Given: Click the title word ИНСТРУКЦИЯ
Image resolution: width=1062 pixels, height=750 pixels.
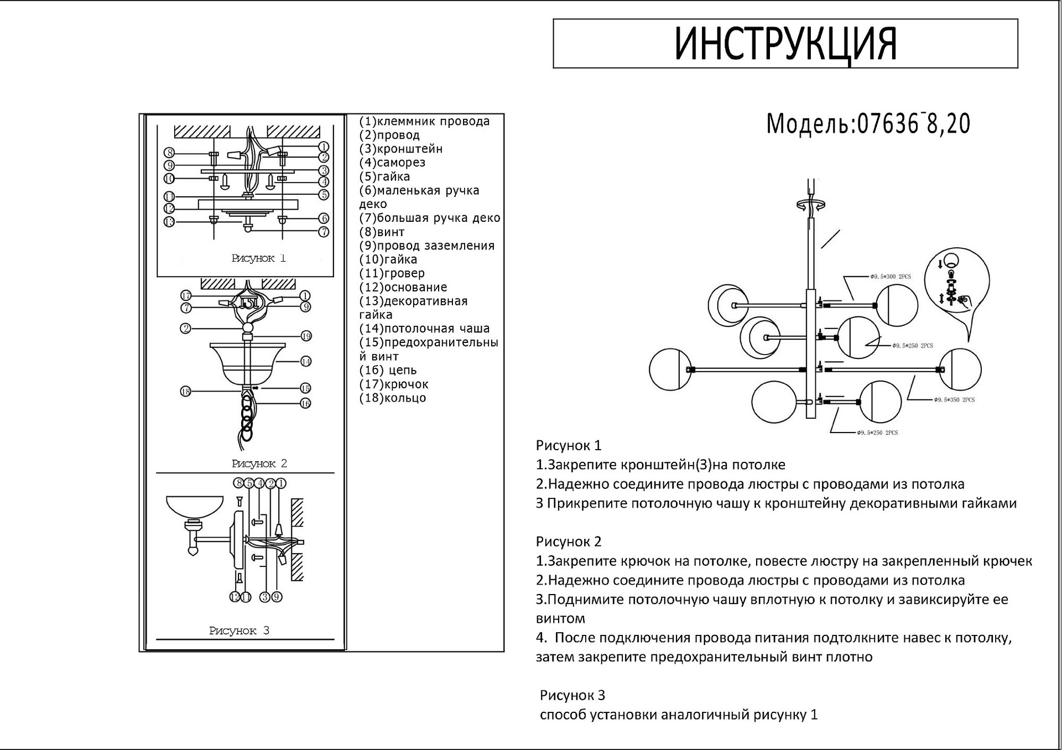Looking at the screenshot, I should (785, 43).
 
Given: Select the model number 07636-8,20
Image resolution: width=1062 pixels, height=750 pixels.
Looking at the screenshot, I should (913, 124).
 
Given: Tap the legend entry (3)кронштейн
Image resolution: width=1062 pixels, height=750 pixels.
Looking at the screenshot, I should (400, 149).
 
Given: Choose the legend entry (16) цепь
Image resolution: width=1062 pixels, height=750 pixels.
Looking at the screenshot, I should (388, 370).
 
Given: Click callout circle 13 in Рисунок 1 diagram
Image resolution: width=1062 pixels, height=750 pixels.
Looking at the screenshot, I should (169, 222).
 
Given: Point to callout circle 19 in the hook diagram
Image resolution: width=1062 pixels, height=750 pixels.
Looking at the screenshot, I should (306, 336).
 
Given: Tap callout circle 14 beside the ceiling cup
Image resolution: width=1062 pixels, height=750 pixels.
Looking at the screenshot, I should (306, 361).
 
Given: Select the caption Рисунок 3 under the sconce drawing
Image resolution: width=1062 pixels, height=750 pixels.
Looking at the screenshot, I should (239, 631).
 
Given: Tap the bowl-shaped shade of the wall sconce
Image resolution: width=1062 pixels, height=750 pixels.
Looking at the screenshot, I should (195, 508).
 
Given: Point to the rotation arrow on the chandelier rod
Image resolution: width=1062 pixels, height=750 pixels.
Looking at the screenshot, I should (810, 205).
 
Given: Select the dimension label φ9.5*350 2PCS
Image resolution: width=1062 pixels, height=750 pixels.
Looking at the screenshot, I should (954, 399).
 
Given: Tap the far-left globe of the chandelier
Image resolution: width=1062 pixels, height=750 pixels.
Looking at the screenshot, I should (670, 369).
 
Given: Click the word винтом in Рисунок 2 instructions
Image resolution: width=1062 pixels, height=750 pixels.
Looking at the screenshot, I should (560, 618).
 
